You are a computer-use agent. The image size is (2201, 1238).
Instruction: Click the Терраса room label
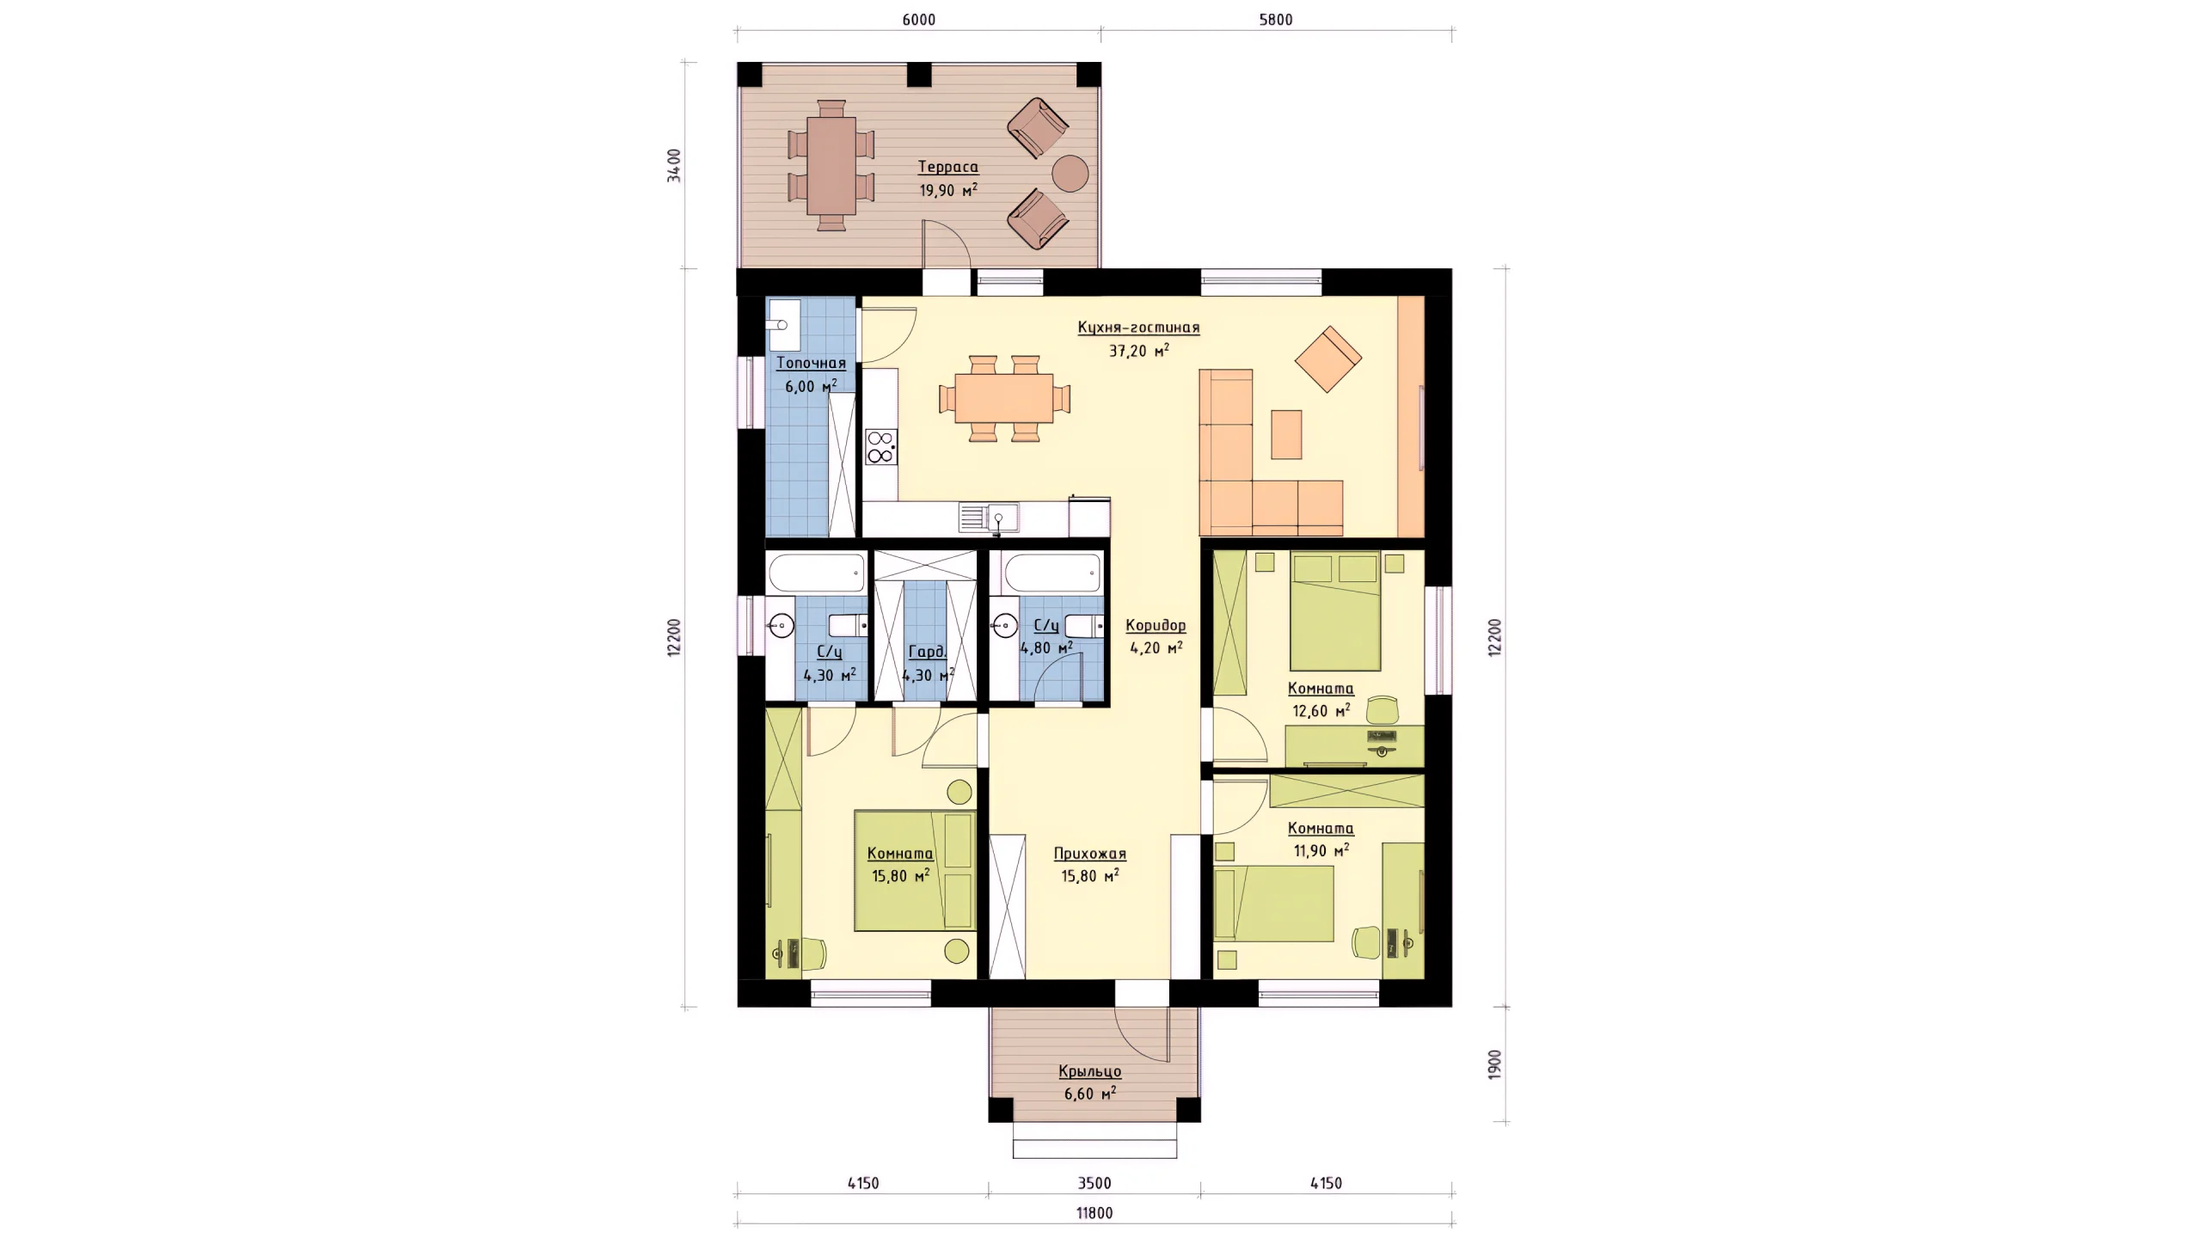pyautogui.click(x=947, y=167)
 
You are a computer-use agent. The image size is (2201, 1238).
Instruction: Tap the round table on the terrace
pyautogui.click(x=1070, y=173)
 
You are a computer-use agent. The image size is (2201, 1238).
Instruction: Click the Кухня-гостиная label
pyautogui.click(x=1138, y=327)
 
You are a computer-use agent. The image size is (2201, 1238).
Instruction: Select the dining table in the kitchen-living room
pyautogui.click(x=1004, y=398)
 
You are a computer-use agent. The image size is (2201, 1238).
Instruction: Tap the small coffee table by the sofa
pyautogui.click(x=1286, y=434)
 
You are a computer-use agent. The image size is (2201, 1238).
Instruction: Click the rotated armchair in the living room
pyautogui.click(x=1328, y=359)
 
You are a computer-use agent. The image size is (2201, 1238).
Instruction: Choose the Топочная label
pyautogui.click(x=811, y=363)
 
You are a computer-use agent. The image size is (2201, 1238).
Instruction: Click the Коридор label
pyautogui.click(x=1156, y=625)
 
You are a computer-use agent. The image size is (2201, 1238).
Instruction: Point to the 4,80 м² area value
pyautogui.click(x=1046, y=647)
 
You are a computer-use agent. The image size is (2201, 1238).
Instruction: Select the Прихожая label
pyautogui.click(x=1089, y=854)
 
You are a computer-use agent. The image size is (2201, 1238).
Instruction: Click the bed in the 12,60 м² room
pyautogui.click(x=1335, y=611)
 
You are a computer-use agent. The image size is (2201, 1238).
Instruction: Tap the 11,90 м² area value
pyautogui.click(x=1321, y=850)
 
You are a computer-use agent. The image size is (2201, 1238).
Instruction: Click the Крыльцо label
pyautogui.click(x=1089, y=1071)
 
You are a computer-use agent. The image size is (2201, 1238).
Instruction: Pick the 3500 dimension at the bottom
pyautogui.click(x=1094, y=1183)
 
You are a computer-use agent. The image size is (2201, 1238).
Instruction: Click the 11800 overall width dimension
pyautogui.click(x=1094, y=1213)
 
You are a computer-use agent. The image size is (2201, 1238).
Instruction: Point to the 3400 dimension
pyautogui.click(x=675, y=165)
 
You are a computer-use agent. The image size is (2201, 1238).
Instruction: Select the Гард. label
pyautogui.click(x=927, y=653)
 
